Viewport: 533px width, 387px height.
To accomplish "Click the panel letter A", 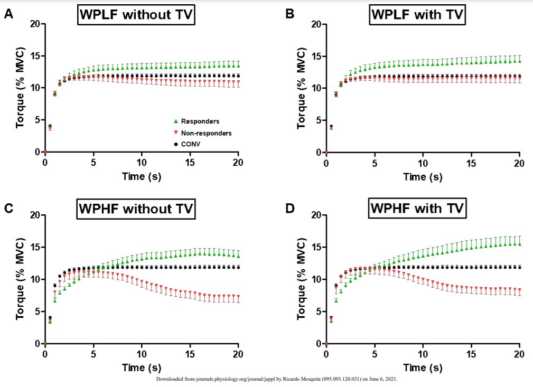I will click(8, 14).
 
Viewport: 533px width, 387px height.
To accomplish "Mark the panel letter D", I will click(290, 209).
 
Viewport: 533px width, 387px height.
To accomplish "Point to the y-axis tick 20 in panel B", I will click(316, 24).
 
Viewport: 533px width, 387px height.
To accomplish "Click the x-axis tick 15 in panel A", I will click(190, 162).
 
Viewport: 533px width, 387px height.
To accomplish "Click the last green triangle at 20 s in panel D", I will click(519, 243).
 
